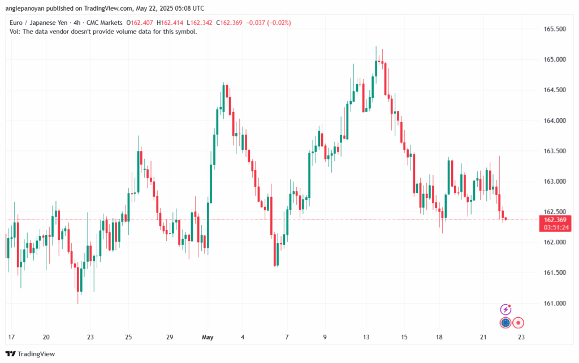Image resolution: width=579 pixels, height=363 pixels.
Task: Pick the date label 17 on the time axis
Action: (x=11, y=337)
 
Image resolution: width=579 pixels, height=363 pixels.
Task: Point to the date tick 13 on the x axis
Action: (x=366, y=337)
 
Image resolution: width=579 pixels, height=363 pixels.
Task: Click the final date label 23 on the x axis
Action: (x=522, y=337)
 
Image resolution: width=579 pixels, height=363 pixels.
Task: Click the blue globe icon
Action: (x=505, y=323)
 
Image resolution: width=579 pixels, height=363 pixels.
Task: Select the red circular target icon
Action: (x=518, y=323)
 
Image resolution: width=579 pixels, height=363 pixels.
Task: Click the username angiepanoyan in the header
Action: (x=28, y=8)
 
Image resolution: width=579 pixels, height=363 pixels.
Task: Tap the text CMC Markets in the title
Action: (x=105, y=23)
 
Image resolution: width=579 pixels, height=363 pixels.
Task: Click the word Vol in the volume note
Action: (x=15, y=32)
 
